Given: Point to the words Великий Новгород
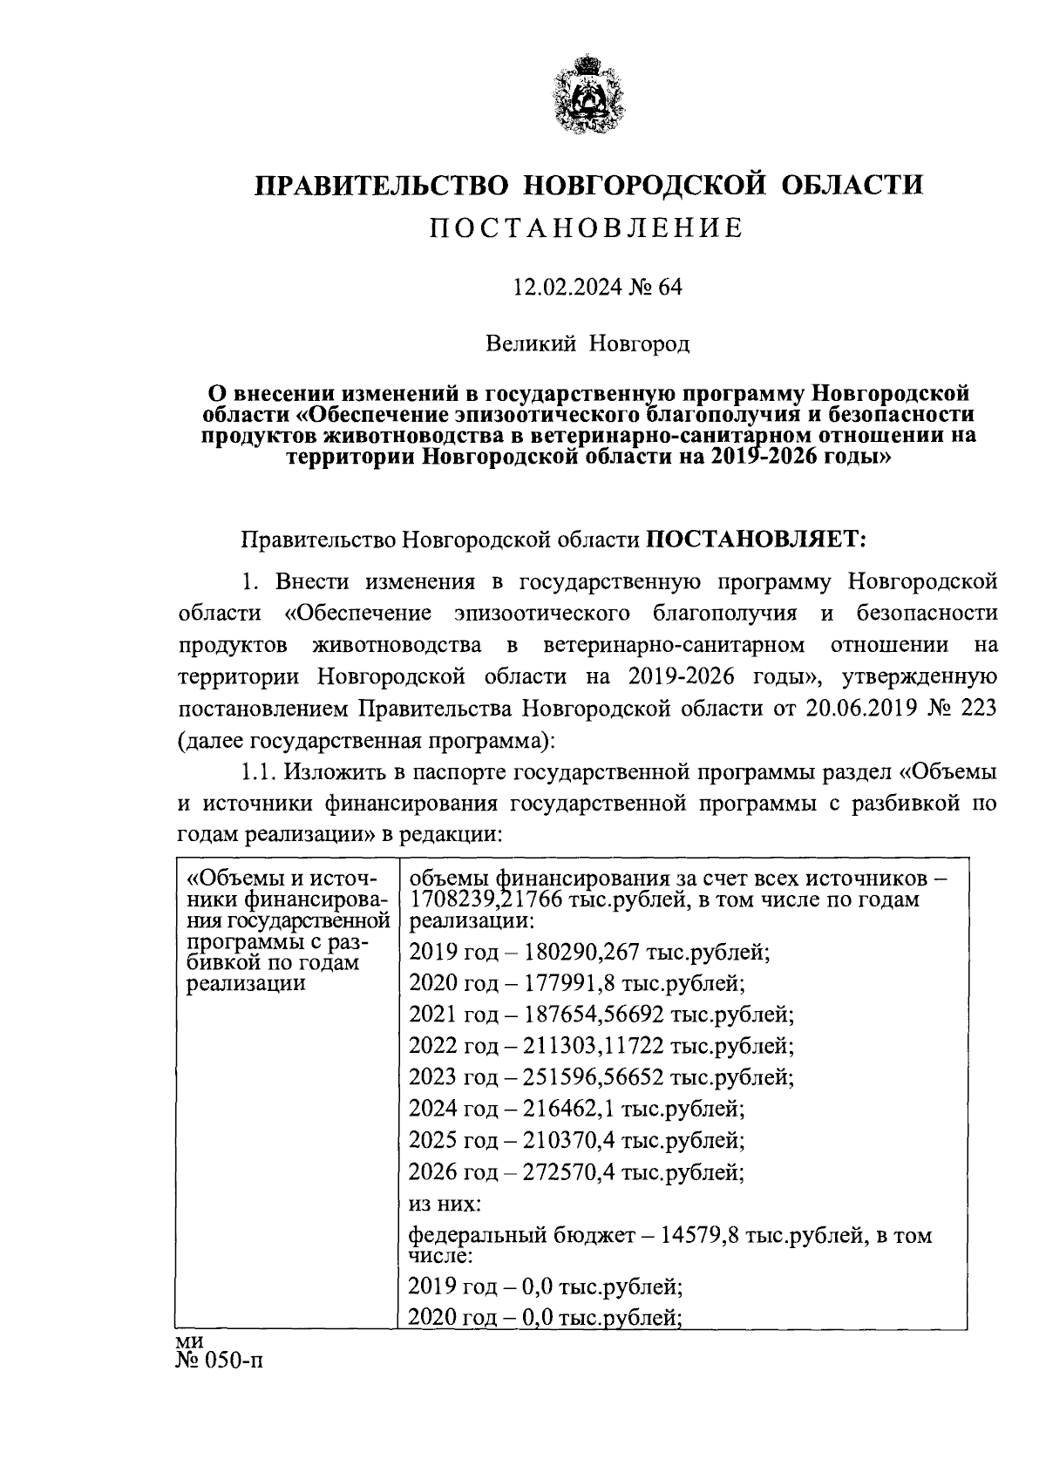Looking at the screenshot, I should (x=587, y=343).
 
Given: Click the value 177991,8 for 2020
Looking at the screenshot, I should (x=570, y=983).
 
